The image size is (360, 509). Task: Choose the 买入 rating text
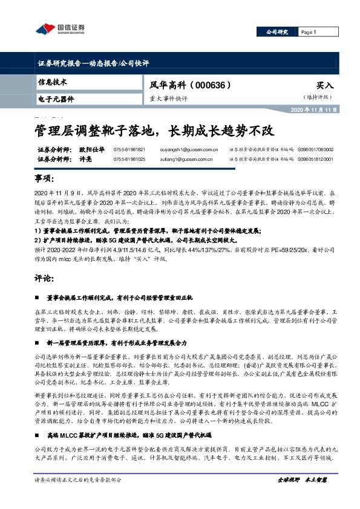(x=325, y=86)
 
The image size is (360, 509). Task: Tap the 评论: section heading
(x=44, y=279)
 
